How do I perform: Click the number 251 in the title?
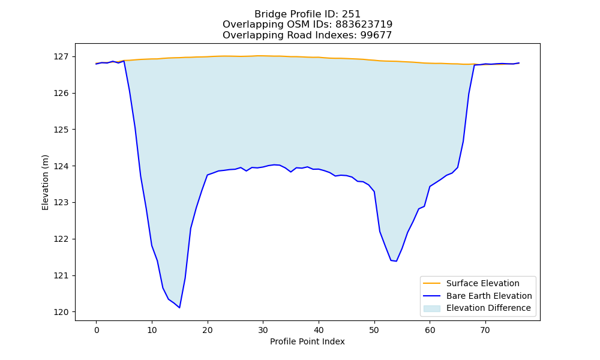(x=351, y=14)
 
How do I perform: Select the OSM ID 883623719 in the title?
(x=364, y=25)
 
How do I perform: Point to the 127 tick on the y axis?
(x=61, y=56)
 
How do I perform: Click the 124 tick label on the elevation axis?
(x=61, y=166)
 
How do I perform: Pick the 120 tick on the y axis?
(x=61, y=312)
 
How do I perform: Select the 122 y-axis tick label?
(x=61, y=239)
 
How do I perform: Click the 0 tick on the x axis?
(x=97, y=330)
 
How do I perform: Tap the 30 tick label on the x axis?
(x=263, y=330)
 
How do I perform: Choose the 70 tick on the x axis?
(x=485, y=330)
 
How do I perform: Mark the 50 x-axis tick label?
(x=374, y=330)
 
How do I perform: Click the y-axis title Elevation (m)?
(x=45, y=182)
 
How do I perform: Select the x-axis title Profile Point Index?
(x=307, y=341)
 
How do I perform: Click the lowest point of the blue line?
(x=179, y=308)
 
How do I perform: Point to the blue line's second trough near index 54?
(x=396, y=261)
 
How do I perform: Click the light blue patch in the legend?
(x=431, y=308)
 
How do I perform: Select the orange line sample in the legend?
(x=431, y=283)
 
